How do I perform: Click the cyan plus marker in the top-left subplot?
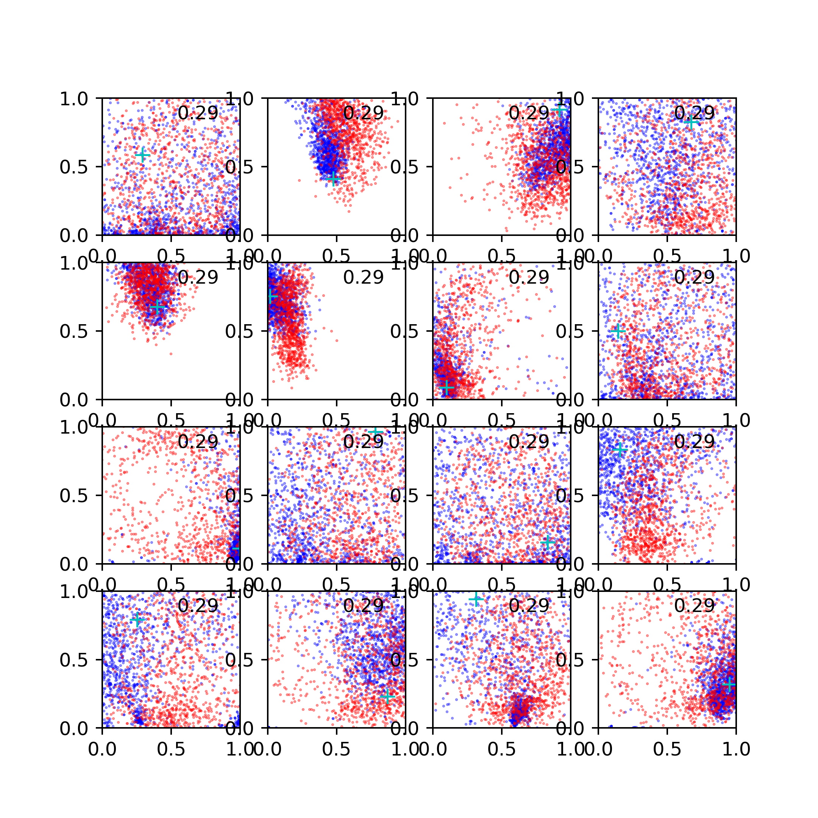click(143, 155)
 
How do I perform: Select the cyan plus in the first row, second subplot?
click(334, 179)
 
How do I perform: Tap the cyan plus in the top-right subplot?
click(691, 122)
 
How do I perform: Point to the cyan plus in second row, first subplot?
click(157, 308)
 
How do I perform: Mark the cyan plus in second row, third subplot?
click(446, 387)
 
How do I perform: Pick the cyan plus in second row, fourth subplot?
click(618, 331)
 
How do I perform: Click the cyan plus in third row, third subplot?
click(548, 542)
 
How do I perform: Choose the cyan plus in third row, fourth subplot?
click(620, 449)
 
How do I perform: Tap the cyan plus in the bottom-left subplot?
click(137, 620)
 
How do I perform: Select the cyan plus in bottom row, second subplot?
click(387, 696)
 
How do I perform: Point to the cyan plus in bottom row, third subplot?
click(476, 599)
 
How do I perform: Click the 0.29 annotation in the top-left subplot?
click(198, 113)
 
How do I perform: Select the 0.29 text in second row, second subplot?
click(363, 277)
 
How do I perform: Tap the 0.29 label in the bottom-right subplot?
click(695, 606)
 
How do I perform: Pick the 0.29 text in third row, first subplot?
click(198, 442)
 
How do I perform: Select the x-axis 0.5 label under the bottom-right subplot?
click(667, 749)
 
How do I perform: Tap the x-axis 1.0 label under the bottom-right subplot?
click(736, 749)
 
